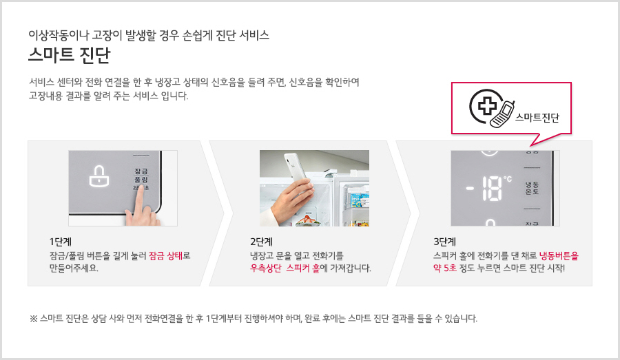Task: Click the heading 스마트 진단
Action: tap(69, 55)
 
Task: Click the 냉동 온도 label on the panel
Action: tap(532, 188)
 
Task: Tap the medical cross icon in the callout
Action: tap(488, 105)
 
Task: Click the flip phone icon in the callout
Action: tap(502, 114)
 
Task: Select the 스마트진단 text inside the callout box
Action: tap(537, 118)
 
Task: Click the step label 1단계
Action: tap(60, 242)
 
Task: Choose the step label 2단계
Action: tap(261, 242)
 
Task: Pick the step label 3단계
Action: tap(445, 242)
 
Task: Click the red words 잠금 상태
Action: tap(165, 255)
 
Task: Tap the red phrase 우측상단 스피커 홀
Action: tap(285, 268)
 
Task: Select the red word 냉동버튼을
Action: tap(559, 255)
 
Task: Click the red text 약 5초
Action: tap(445, 268)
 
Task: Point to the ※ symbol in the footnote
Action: tap(33, 319)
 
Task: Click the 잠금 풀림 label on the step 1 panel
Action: tap(141, 175)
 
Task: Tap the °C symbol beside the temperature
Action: tap(507, 179)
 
